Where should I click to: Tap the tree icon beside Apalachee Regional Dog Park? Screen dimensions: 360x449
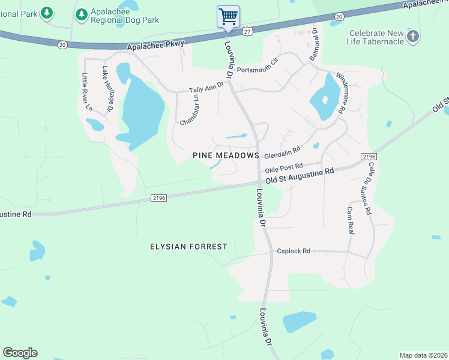(81, 13)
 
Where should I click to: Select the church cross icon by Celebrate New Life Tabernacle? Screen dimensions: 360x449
(412, 37)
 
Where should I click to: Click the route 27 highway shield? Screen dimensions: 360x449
(247, 30)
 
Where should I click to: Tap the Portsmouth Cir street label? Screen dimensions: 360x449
(259, 67)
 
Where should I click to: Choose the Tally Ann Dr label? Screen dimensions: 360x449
(206, 88)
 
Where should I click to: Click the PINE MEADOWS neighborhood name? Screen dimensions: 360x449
(226, 155)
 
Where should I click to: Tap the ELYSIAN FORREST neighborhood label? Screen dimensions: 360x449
(188, 247)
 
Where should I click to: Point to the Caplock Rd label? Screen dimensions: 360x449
(293, 251)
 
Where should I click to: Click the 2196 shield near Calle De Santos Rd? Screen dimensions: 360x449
(369, 156)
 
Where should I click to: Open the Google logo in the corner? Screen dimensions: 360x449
(20, 353)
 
